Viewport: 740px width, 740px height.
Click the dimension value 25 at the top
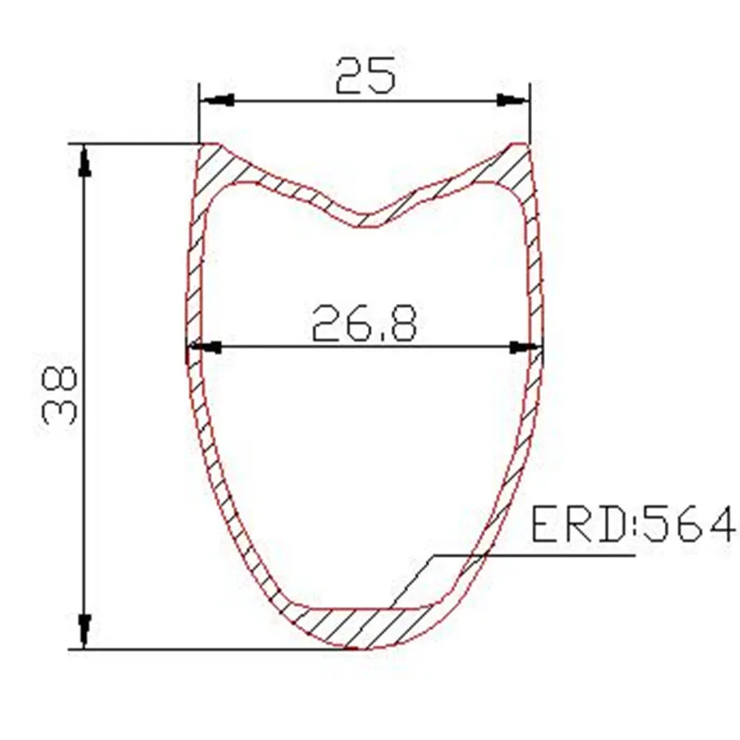[x=365, y=75]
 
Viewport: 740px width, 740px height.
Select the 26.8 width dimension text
[x=364, y=324]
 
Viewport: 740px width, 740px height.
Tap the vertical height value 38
[x=56, y=395]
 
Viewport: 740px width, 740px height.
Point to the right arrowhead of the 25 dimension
[x=514, y=100]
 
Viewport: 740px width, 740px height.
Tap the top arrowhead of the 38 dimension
[x=85, y=160]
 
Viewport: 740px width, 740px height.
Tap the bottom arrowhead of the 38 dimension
[x=85, y=633]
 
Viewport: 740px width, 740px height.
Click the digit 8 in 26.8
[x=402, y=324]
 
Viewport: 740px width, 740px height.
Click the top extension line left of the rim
[x=139, y=143]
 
